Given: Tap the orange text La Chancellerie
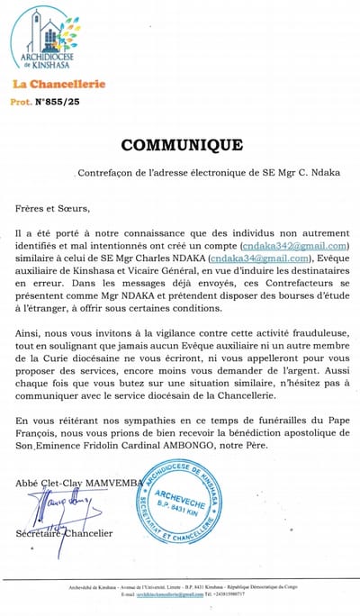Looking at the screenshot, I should point(58,84).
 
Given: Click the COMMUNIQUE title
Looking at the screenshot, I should point(181,145).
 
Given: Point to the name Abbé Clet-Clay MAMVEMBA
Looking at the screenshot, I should point(79,484).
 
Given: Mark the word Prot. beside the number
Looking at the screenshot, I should point(23,102).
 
